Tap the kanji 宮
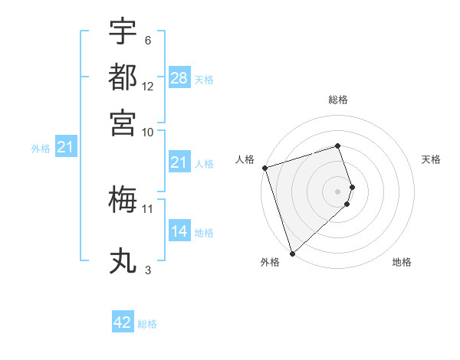123,120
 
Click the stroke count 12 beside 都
148,87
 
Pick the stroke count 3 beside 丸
148,270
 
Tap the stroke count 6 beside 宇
148,41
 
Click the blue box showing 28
179,77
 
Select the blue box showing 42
123,322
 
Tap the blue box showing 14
179,231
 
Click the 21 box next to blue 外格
65,148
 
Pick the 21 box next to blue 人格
179,162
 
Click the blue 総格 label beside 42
147,324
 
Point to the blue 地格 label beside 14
204,232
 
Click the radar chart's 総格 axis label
338,100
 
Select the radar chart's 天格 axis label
432,159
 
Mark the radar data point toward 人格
264,168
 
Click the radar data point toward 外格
292,253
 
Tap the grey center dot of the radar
338,191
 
